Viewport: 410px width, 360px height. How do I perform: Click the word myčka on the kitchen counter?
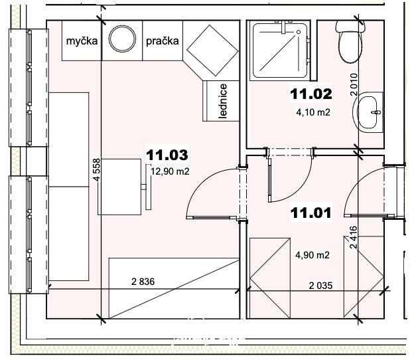(82, 41)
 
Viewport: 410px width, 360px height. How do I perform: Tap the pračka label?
(163, 41)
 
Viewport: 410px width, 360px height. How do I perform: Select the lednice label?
(223, 101)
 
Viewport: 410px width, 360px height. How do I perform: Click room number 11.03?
(167, 155)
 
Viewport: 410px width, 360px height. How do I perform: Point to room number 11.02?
(311, 94)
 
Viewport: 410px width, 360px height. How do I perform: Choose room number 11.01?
(311, 213)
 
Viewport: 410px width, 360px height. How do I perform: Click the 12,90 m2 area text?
(170, 171)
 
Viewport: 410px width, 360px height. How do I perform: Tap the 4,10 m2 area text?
(313, 112)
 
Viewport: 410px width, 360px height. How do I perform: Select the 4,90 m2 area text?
(312, 255)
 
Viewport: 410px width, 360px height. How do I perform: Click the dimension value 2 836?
(143, 282)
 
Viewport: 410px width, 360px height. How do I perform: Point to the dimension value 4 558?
(96, 170)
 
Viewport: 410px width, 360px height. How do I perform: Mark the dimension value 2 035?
(320, 286)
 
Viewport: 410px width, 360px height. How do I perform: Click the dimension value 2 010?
(354, 84)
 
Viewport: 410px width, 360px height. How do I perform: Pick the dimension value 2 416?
(353, 237)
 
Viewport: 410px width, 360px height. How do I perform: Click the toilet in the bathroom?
(350, 42)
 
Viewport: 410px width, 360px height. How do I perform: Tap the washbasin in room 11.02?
(368, 112)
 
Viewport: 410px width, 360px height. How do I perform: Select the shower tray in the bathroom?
(280, 50)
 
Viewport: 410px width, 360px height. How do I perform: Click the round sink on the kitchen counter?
(122, 39)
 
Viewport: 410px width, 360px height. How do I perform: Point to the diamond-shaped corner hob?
(212, 50)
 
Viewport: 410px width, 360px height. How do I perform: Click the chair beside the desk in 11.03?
(147, 187)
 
